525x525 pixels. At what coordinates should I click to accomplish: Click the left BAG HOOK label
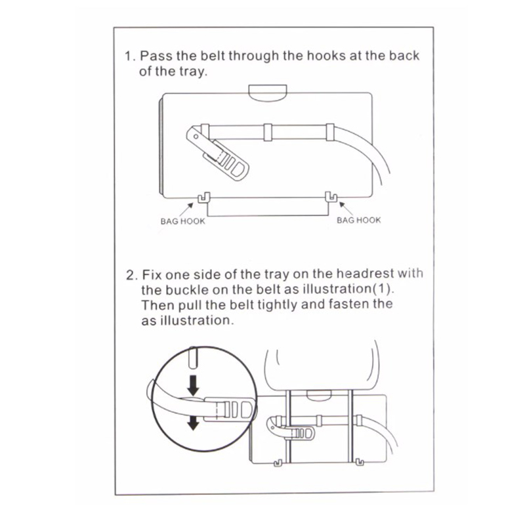pyautogui.click(x=183, y=221)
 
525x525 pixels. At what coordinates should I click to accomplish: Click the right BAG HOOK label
pyautogui.click(x=358, y=220)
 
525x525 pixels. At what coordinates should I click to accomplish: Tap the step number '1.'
pyautogui.click(x=130, y=56)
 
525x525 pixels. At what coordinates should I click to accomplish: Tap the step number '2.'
pyautogui.click(x=132, y=275)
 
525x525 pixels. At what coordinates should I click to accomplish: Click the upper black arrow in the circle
pyautogui.click(x=193, y=385)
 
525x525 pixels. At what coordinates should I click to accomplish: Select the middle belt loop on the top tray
pyautogui.click(x=268, y=133)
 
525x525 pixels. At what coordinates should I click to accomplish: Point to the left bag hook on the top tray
pyautogui.click(x=203, y=198)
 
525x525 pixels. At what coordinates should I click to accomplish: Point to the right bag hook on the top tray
pyautogui.click(x=331, y=197)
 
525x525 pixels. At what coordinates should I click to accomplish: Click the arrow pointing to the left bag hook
pyautogui.click(x=186, y=209)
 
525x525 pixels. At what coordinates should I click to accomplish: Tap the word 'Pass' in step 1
pyautogui.click(x=156, y=56)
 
